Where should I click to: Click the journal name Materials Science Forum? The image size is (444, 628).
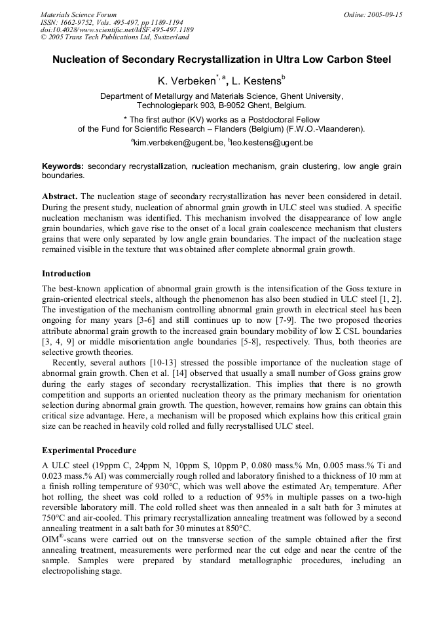[79, 14]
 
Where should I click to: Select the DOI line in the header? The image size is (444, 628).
[117, 29]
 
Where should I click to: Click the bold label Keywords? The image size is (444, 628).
[63, 167]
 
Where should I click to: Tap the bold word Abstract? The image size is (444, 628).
[60, 196]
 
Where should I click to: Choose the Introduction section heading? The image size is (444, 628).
[66, 273]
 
